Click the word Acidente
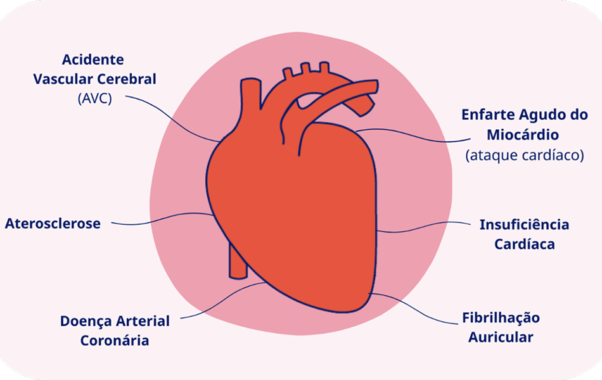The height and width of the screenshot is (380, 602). tap(93, 60)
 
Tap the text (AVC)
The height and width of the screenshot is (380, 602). tap(94, 99)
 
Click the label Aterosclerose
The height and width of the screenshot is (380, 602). tap(53, 224)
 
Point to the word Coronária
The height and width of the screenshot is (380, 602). tap(115, 341)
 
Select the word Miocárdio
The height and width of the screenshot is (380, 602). tap(523, 135)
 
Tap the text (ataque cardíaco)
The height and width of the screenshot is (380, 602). tap(524, 155)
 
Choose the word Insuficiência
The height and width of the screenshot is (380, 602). tap(524, 225)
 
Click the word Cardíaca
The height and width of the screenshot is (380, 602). tap(524, 244)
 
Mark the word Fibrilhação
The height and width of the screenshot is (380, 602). tap(501, 317)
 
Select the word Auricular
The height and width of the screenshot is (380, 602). tap(501, 337)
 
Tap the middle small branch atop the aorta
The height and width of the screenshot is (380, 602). tap(305, 68)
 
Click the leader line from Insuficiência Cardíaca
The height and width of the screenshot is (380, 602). tap(425, 226)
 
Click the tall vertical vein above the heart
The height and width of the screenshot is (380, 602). tap(249, 104)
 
